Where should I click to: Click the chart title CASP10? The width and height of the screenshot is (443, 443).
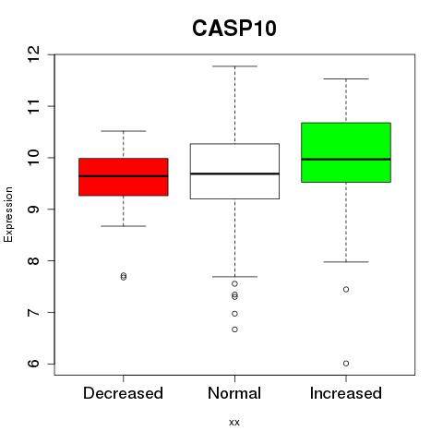[x=234, y=29]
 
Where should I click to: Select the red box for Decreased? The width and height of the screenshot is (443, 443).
[x=124, y=177]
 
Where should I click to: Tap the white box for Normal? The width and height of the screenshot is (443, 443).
[x=234, y=171]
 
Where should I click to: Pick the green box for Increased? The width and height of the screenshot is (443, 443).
[x=346, y=152]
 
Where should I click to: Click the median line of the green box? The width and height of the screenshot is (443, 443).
[x=346, y=159]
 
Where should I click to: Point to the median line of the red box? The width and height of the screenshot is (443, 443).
[x=124, y=176]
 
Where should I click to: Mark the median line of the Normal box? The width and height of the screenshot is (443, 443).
[x=234, y=174]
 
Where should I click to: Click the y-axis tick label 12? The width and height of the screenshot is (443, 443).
[x=34, y=54]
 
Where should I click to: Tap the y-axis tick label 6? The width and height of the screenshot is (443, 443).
[x=34, y=364]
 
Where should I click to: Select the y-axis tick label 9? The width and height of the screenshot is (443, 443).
[x=34, y=210]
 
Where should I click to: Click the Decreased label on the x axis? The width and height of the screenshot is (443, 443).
[x=123, y=393]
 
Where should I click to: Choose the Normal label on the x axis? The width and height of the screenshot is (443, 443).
[x=234, y=393]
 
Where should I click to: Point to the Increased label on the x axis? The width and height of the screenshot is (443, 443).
[x=346, y=393]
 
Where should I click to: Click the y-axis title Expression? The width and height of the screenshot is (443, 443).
[x=8, y=214]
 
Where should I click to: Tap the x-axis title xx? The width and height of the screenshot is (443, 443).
[x=234, y=423]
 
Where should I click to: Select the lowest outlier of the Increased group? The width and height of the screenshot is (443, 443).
[x=346, y=364]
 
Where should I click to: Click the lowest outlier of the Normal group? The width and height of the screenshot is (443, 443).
[x=234, y=329]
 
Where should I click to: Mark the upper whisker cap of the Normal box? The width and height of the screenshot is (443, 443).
[x=234, y=66]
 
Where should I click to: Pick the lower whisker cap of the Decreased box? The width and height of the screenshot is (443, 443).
[x=124, y=226]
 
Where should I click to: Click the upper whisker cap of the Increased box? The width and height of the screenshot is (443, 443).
[x=346, y=79]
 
